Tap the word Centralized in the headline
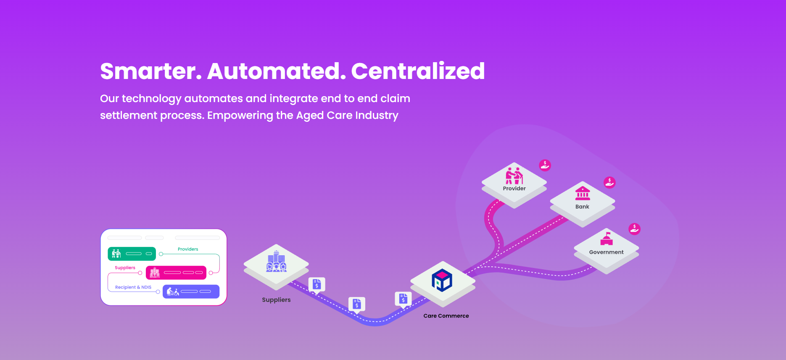418,71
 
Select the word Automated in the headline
277,71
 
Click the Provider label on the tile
514,189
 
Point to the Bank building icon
583,193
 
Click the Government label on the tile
606,252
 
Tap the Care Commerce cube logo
442,280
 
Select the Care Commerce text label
446,316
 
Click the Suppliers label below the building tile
276,300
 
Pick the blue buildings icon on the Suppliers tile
276,261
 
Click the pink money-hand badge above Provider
545,165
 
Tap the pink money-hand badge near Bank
609,182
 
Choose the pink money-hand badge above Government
634,229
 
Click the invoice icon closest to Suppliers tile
317,285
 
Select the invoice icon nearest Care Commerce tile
403,299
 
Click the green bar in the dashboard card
132,254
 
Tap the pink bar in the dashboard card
176,273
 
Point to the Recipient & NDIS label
133,287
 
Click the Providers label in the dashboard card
188,249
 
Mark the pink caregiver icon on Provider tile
514,176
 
